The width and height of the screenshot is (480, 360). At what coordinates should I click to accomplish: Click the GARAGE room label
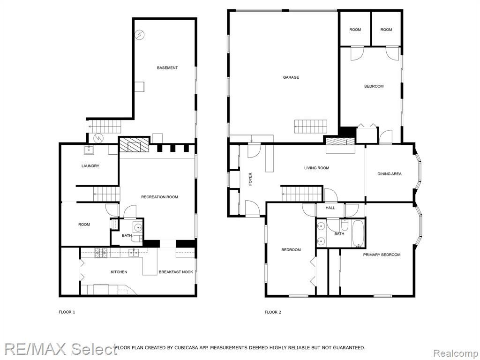coord(291,77)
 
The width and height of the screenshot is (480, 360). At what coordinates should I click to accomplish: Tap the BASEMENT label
coord(167,67)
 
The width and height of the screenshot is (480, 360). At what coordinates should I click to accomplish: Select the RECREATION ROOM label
coord(159,197)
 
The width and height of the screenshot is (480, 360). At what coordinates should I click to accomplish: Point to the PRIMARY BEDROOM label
coord(382,255)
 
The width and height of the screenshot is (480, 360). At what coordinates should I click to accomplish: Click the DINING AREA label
coord(390,174)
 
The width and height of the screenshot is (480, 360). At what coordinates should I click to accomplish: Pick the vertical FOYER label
coord(250,179)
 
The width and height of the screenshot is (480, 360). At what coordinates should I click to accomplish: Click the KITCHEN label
coord(119,272)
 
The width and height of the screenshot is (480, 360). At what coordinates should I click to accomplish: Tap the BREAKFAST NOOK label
coord(176,272)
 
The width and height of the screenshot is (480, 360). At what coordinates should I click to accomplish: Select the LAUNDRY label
coord(90,166)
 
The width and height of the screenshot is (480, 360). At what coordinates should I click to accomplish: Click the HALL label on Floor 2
coord(330,208)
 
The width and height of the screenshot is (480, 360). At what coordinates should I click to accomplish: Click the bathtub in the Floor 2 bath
coord(358,234)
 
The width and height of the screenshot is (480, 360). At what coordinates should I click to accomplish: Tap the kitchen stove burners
coord(101,253)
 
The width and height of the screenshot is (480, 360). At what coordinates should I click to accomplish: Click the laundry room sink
coord(89,150)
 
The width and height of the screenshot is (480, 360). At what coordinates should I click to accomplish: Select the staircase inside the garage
coord(311,127)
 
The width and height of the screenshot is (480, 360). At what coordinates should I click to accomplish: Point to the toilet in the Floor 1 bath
coord(137,239)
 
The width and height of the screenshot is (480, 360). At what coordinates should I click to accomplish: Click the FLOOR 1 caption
coord(67,312)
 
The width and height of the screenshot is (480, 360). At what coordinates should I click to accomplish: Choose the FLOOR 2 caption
coord(273,312)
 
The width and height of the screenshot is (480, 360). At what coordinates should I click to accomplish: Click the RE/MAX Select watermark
coord(60,348)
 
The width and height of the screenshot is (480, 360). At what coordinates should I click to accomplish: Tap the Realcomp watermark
coord(456,353)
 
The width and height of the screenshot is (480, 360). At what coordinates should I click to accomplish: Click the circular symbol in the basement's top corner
coord(140,35)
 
